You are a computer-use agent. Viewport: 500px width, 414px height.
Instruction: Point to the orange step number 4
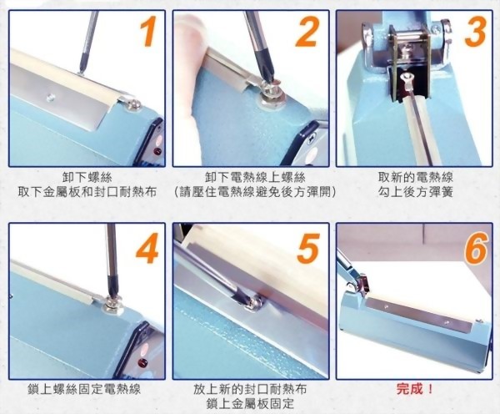pyautogui.click(x=146, y=248)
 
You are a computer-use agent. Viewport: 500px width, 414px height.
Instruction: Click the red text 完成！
pyautogui.click(x=417, y=390)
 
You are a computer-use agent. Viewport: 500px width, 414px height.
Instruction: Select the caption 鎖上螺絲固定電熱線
pyautogui.click(x=87, y=390)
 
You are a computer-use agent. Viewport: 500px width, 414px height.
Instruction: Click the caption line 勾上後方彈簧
pyautogui.click(x=417, y=192)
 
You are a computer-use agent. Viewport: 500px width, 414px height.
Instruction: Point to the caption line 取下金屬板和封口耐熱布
pyautogui.click(x=87, y=192)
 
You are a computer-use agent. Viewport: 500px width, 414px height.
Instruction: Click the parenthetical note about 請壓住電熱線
pyautogui.click(x=254, y=192)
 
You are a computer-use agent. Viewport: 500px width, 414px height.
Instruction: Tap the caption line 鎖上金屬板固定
pyautogui.click(x=254, y=405)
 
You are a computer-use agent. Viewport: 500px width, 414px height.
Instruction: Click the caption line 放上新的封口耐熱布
pyautogui.click(x=254, y=390)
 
